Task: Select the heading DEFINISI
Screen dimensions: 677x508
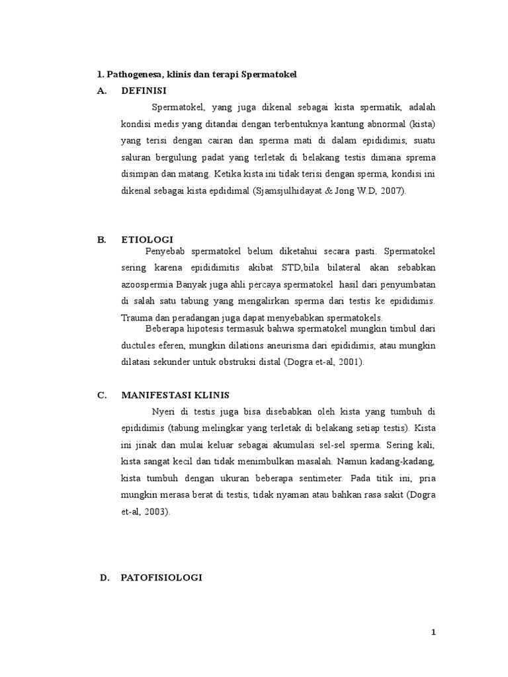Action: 144,91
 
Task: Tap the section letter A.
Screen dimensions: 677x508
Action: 101,91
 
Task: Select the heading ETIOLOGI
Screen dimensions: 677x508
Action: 146,240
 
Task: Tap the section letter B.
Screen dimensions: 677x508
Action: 101,240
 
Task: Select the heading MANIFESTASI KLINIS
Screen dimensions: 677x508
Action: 175,395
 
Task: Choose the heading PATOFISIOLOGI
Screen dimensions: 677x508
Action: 161,577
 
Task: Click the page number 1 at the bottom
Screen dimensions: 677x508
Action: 434,632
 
